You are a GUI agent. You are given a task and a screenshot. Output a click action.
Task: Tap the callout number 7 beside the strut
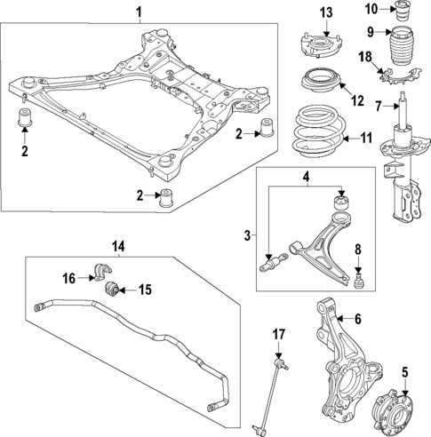(378, 107)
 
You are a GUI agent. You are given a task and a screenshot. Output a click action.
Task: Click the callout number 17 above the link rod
(278, 334)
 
